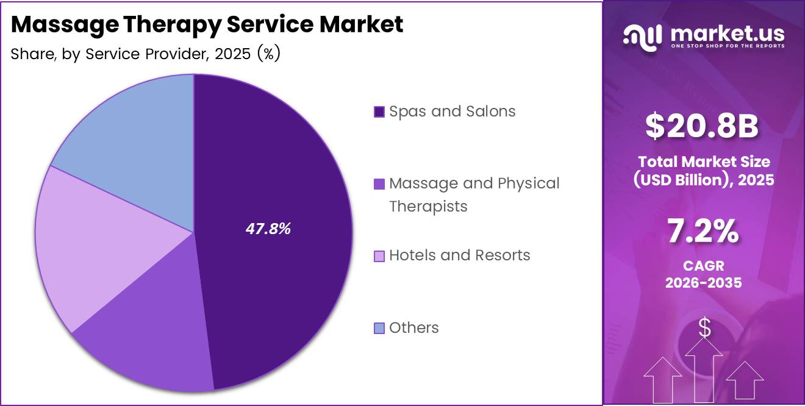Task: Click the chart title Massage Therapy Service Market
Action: pyautogui.click(x=207, y=24)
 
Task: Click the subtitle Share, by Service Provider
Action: pyautogui.click(x=145, y=54)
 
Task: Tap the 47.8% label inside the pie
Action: pyautogui.click(x=268, y=229)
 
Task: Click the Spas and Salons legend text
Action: pyautogui.click(x=452, y=112)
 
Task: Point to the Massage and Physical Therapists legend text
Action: pyautogui.click(x=474, y=194)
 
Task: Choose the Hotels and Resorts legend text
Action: pyautogui.click(x=459, y=255)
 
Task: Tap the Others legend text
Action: pyautogui.click(x=413, y=328)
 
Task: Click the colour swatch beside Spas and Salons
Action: pyautogui.click(x=379, y=112)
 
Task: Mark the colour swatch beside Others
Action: pyautogui.click(x=379, y=329)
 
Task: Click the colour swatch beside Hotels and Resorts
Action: pyautogui.click(x=379, y=256)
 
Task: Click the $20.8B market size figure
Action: pyautogui.click(x=702, y=127)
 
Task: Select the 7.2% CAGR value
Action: pyautogui.click(x=703, y=232)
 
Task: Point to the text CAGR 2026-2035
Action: pyautogui.click(x=703, y=275)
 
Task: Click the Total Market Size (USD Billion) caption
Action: pyautogui.click(x=703, y=171)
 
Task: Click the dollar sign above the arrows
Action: pyautogui.click(x=704, y=328)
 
